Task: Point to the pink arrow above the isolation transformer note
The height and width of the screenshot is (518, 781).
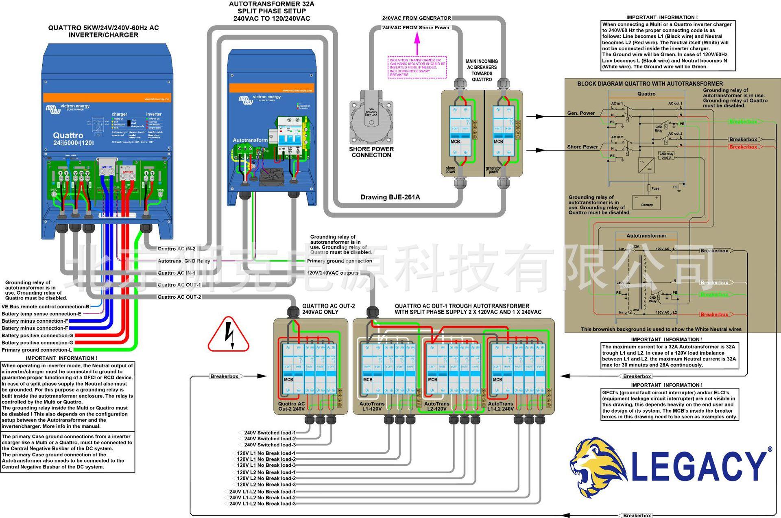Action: tap(417, 44)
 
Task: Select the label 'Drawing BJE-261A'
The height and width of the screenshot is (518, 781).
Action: tap(390, 197)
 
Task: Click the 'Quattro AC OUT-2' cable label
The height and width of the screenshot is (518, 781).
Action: tap(179, 297)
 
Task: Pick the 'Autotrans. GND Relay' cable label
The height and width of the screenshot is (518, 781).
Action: tap(184, 261)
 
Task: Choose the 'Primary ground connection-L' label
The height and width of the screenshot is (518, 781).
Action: tap(37, 350)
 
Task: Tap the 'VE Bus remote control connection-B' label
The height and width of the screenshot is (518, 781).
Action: tap(45, 306)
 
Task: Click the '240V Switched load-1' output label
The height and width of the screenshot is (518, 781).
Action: tap(270, 433)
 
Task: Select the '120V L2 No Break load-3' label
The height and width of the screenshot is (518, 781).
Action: tap(266, 485)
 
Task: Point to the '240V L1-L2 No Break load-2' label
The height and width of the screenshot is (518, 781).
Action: tap(262, 498)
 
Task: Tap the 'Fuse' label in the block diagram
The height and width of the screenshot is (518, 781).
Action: tap(655, 188)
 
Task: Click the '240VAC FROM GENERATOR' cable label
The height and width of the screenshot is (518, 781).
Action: tap(416, 18)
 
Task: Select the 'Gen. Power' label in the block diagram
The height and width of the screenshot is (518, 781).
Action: tap(581, 113)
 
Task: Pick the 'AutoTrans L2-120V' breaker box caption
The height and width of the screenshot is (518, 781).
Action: tap(437, 406)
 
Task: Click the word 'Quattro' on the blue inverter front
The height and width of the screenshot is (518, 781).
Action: tap(68, 136)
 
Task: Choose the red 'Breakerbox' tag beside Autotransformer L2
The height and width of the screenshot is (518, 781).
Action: tap(714, 315)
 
